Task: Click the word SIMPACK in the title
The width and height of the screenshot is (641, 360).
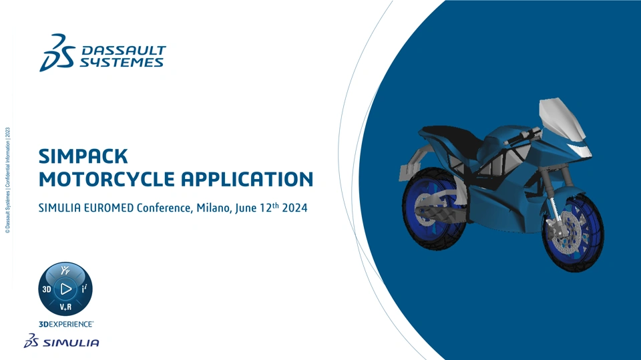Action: [83, 156]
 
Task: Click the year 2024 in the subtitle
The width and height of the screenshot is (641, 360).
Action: [294, 208]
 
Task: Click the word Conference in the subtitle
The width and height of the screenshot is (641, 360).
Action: [164, 208]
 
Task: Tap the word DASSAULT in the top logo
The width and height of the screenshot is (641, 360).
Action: [124, 51]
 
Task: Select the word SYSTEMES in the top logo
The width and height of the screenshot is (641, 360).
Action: [122, 62]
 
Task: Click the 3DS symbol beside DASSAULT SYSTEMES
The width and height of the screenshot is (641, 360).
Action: [57, 53]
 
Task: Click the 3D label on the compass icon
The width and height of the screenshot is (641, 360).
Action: [47, 289]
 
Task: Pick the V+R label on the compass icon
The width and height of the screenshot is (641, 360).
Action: [65, 307]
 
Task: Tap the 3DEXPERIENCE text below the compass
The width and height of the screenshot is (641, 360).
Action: [66, 324]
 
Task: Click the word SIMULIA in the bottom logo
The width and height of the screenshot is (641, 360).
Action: [71, 343]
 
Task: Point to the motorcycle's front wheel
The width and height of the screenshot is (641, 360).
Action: [572, 232]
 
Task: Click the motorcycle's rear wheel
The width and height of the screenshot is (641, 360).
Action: [433, 208]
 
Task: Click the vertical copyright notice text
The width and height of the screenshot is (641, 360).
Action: [7, 180]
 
